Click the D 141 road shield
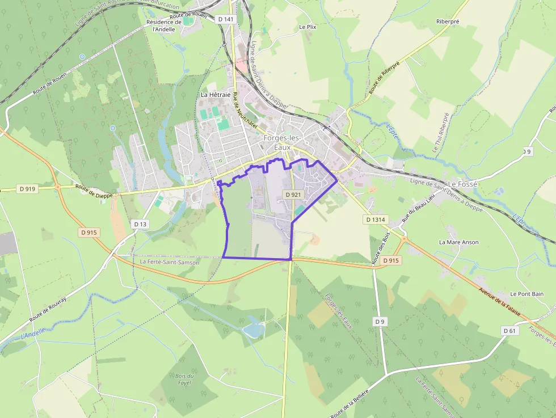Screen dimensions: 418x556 coord(225,19)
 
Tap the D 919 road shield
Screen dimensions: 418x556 coord(27,189)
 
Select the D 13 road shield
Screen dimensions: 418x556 coord(140,225)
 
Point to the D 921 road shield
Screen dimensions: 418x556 coord(293,195)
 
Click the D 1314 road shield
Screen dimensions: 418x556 coord(376,219)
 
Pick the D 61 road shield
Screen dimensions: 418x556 coord(509,331)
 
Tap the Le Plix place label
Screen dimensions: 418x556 coord(307,27)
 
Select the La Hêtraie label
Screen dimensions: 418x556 coord(216,95)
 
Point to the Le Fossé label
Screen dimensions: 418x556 coord(463,184)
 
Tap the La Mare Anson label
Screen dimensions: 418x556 coord(458,242)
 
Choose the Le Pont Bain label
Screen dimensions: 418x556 coord(526,294)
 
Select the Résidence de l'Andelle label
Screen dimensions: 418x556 coord(163,26)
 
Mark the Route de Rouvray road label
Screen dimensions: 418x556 coord(48,313)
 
